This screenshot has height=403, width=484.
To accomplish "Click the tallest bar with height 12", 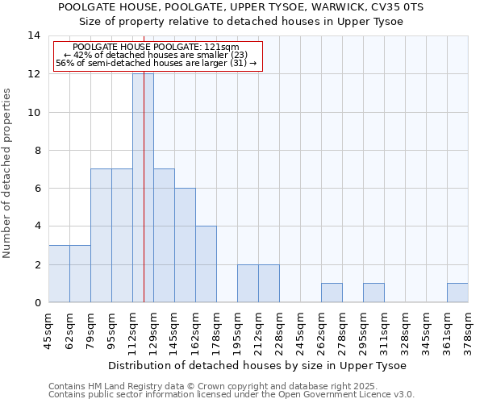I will coord(143,188).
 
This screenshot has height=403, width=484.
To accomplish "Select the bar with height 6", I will coord(185,245).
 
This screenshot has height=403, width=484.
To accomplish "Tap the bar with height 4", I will coord(206,264).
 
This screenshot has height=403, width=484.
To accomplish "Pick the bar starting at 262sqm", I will coord(332,293).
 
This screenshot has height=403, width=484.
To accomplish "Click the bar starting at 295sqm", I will coord(373,293).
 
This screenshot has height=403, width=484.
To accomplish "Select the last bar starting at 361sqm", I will coord(457,293).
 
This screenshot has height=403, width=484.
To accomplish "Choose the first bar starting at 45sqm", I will coord(59,274).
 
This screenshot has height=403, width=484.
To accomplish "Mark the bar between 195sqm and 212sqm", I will coord(248,283).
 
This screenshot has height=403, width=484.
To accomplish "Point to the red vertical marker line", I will coord(144,201).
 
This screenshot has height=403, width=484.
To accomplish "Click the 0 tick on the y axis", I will coord(36,302).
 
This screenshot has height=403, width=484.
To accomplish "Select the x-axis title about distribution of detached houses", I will coord(257,365).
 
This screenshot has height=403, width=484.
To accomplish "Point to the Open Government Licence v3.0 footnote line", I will coord(232,395).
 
